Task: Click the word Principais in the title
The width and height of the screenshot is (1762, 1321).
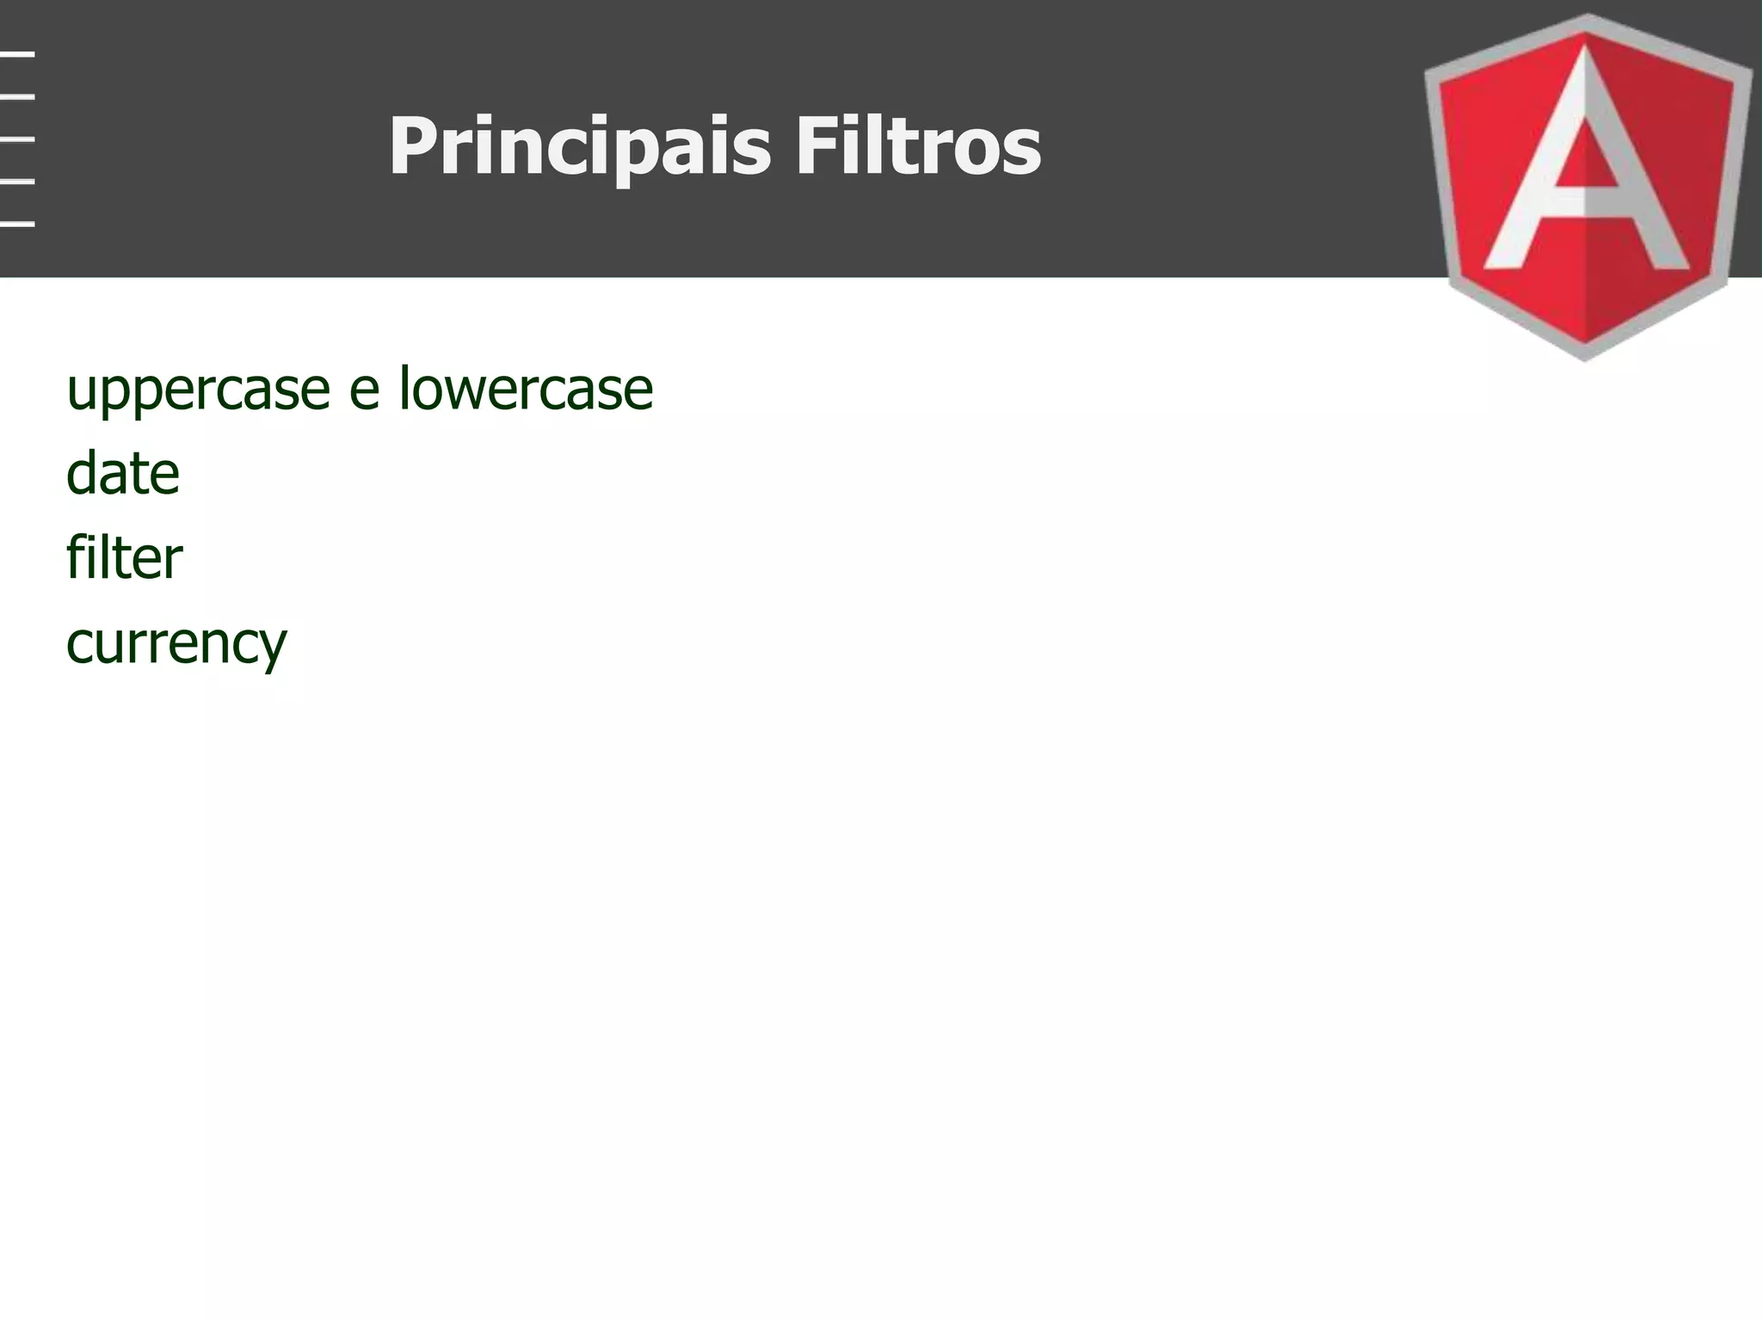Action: click(579, 148)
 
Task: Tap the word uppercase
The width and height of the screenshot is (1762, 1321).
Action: click(198, 391)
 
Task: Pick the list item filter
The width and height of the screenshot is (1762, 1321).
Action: click(124, 557)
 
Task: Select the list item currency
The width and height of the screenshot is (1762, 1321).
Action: click(176, 644)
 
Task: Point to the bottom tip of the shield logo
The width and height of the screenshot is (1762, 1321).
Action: click(1586, 357)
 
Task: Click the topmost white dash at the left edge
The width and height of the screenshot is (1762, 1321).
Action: click(17, 54)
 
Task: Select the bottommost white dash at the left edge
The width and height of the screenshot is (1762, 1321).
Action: click(17, 224)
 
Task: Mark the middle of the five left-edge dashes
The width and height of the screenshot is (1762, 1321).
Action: click(17, 138)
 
